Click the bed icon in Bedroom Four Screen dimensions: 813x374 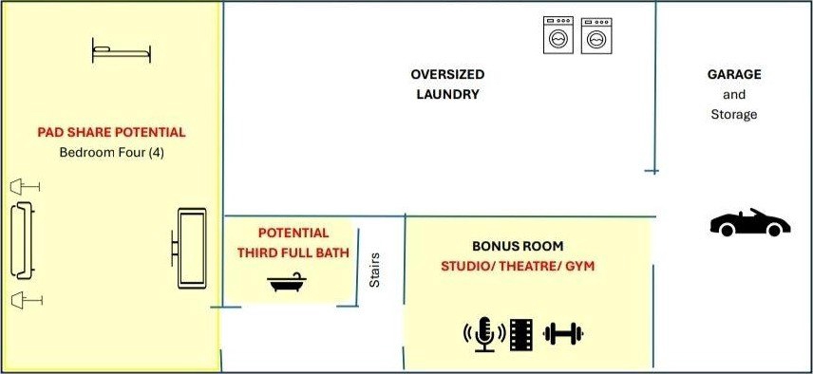pyautogui.click(x=122, y=50)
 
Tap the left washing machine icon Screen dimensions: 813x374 pyautogui.click(x=558, y=35)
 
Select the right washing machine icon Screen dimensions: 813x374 pyautogui.click(x=596, y=36)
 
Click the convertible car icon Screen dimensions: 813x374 pyautogui.click(x=749, y=223)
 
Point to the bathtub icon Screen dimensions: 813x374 pyautogui.click(x=286, y=283)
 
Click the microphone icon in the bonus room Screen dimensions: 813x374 pyautogui.click(x=484, y=334)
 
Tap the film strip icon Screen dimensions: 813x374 pyautogui.click(x=521, y=335)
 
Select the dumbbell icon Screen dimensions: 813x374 pyautogui.click(x=563, y=333)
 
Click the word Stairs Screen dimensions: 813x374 pyautogui.click(x=374, y=270)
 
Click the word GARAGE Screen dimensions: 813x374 pyautogui.click(x=734, y=74)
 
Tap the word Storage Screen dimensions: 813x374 pyautogui.click(x=733, y=114)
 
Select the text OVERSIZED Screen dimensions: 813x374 pyautogui.click(x=447, y=74)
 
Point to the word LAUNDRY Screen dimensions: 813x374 pyautogui.click(x=448, y=94)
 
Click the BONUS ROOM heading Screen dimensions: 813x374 pyautogui.click(x=518, y=246)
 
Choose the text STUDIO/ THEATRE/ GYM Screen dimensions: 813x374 pyautogui.click(x=518, y=266)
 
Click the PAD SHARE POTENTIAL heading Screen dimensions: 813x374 pyautogui.click(x=111, y=132)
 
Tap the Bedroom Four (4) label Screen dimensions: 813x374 pyautogui.click(x=111, y=153)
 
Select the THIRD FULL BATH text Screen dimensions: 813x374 pyautogui.click(x=293, y=253)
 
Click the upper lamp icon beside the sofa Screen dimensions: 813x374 pyautogui.click(x=25, y=186)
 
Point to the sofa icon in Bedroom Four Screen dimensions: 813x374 pyautogui.click(x=23, y=240)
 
